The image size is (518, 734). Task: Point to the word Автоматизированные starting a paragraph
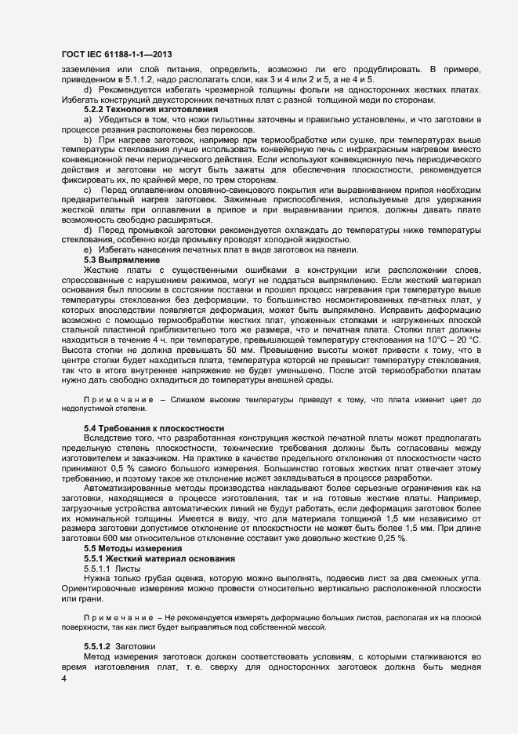pos(130,487)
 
